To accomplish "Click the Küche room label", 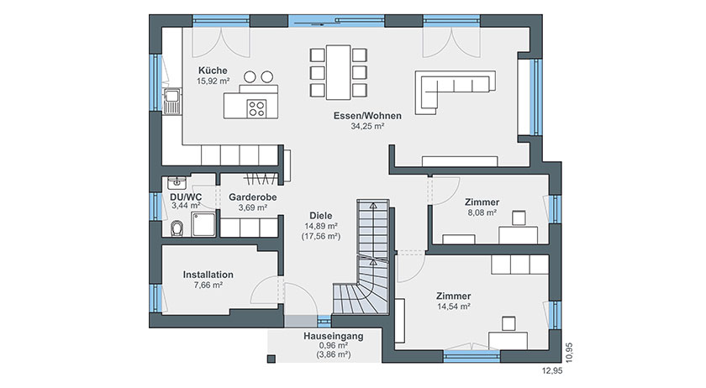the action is pyautogui.click(x=213, y=71).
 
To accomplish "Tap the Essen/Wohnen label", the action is pyautogui.click(x=367, y=116).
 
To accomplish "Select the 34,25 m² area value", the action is pyautogui.click(x=367, y=127).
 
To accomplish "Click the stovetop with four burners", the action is pyautogui.click(x=256, y=108).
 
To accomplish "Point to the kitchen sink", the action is pyautogui.click(x=172, y=101).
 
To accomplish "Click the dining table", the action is pyautogui.click(x=339, y=72).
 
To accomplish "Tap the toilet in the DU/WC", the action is pyautogui.click(x=177, y=228).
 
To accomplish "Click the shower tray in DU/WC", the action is pyautogui.click(x=203, y=224).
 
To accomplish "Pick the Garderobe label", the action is pyautogui.click(x=253, y=197).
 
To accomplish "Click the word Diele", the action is pyautogui.click(x=320, y=216).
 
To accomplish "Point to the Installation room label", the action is pyautogui.click(x=208, y=275).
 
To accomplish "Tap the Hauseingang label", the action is pyautogui.click(x=333, y=336).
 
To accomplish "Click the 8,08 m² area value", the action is pyautogui.click(x=482, y=212).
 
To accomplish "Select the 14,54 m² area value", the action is pyautogui.click(x=454, y=307).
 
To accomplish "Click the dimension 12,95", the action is pyautogui.click(x=552, y=371).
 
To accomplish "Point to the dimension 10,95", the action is pyautogui.click(x=570, y=353).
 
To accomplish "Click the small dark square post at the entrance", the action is pyautogui.click(x=271, y=359).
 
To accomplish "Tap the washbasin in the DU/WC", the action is pyautogui.click(x=177, y=182).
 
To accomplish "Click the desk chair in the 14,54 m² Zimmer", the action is pyautogui.click(x=508, y=323).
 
